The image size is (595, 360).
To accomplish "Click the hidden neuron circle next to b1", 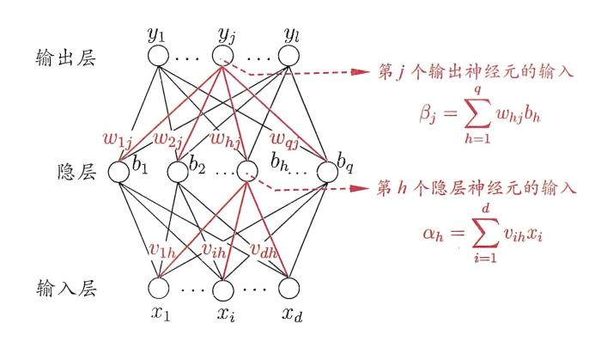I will tap(118, 172).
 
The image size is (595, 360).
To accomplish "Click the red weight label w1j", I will tap(118, 138).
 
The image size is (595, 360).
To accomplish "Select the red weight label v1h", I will tap(164, 249).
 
